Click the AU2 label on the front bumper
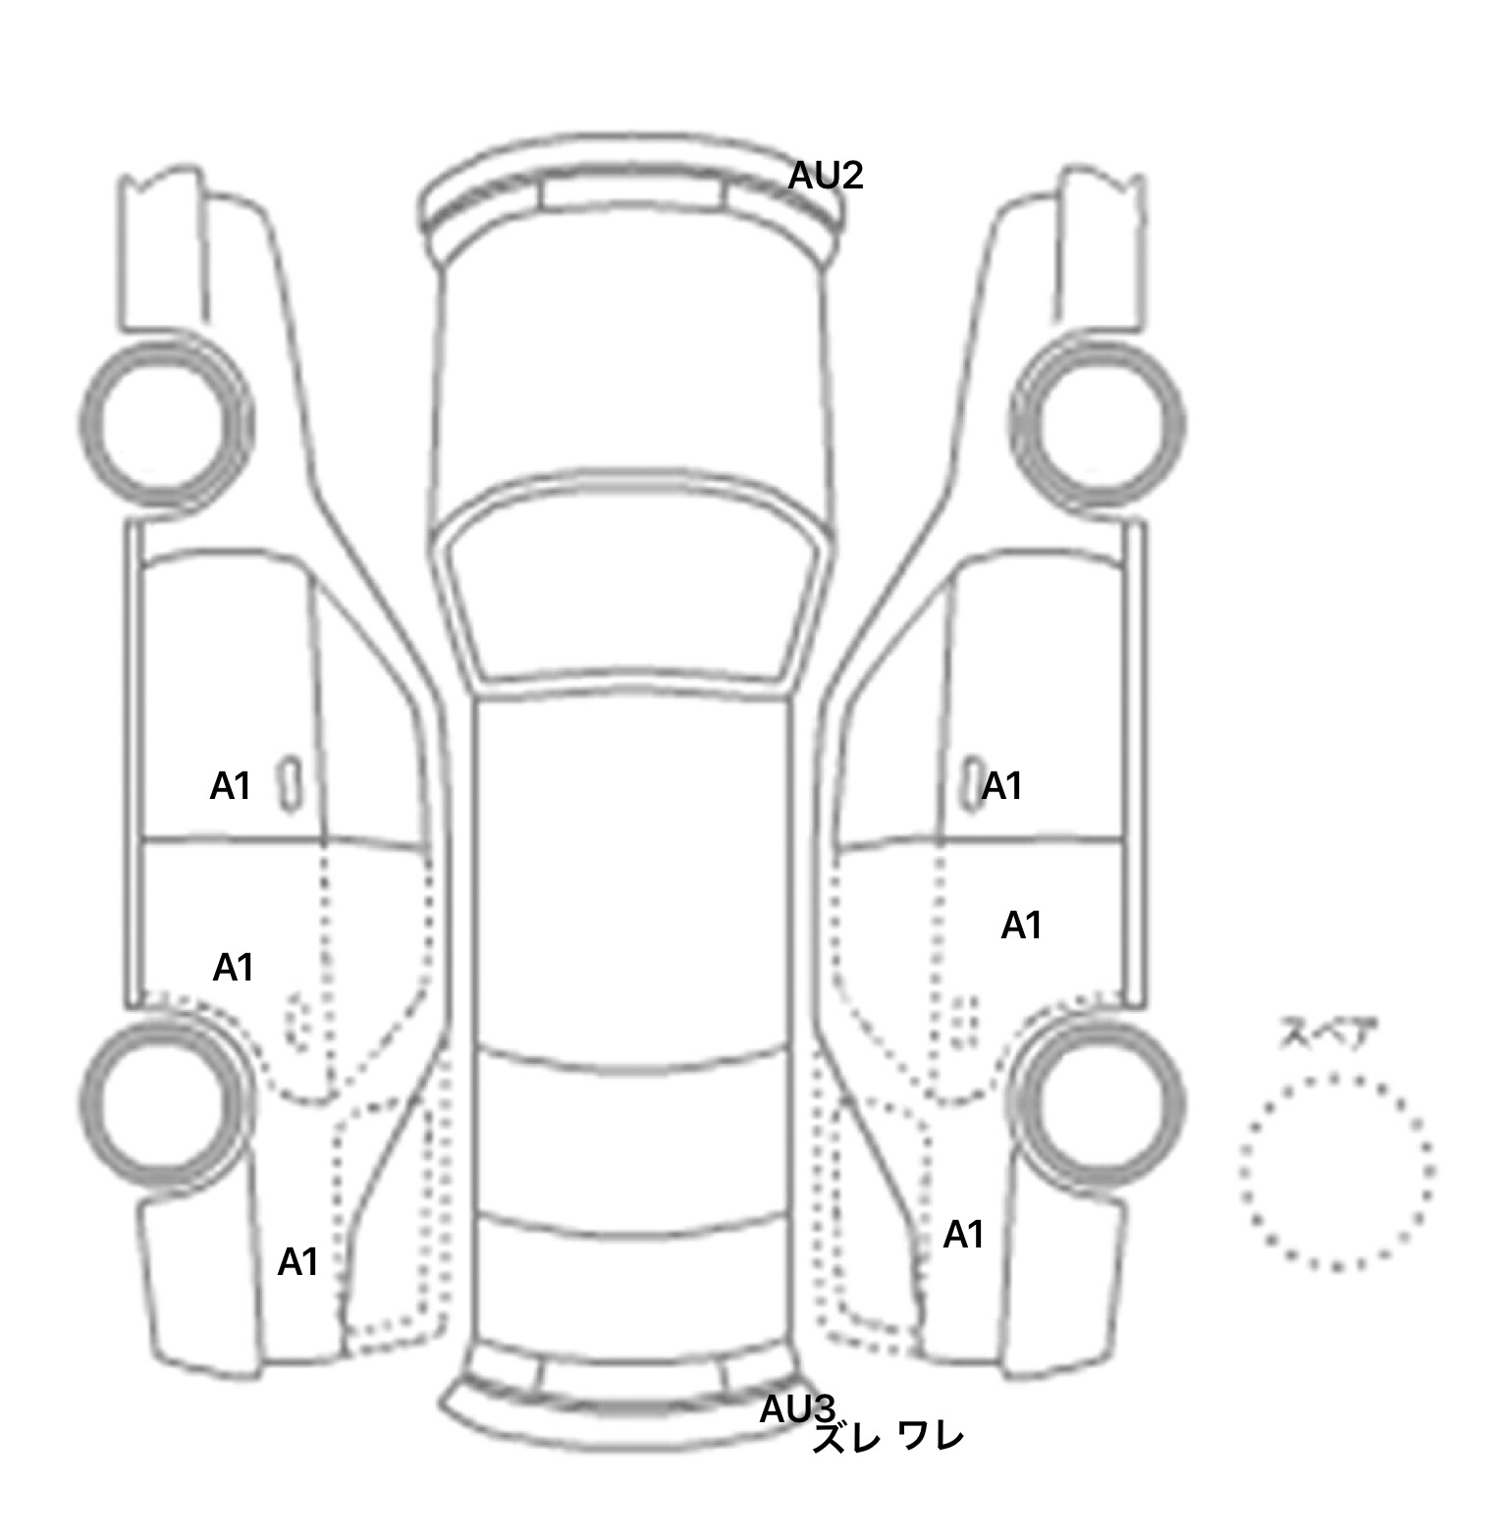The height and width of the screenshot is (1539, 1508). coord(826,176)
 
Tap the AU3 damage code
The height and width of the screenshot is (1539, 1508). coord(796,1409)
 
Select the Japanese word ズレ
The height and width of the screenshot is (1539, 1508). coord(842,1438)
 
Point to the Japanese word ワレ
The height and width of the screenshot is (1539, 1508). coord(931,1436)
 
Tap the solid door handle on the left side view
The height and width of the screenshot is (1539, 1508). coord(291,783)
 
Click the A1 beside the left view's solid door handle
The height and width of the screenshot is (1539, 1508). coord(231,786)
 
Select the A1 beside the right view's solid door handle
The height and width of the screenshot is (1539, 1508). coord(1002,786)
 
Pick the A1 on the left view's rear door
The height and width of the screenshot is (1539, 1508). coord(234,968)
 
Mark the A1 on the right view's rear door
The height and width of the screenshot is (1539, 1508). coord(1021,926)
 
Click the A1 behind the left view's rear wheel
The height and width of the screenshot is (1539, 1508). coord(298,1262)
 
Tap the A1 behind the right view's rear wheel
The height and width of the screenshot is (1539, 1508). coord(963,1235)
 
